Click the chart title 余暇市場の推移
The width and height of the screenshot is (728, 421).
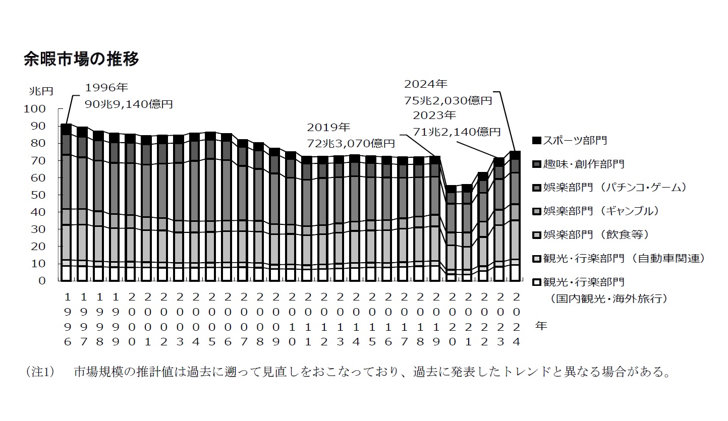click(x=81, y=59)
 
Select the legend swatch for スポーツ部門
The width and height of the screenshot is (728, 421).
click(x=537, y=140)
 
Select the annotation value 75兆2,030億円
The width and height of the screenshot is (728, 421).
click(x=447, y=100)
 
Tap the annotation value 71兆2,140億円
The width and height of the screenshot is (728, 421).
click(x=457, y=132)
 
